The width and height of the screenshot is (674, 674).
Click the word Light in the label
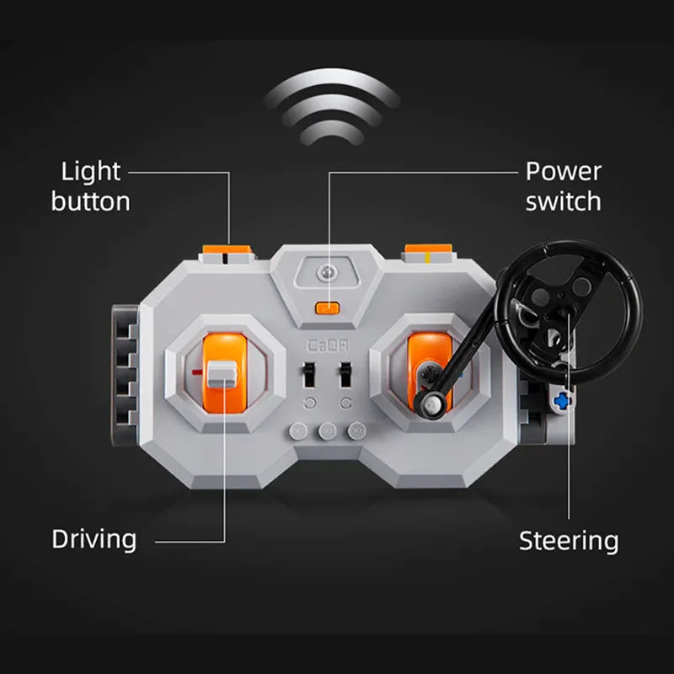pos(91,173)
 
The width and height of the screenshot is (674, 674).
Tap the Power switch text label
pos(563,186)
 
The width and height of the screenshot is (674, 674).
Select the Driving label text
pos(94,540)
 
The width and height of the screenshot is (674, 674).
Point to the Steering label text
pos(569,541)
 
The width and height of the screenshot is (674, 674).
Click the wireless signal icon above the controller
pos(331,107)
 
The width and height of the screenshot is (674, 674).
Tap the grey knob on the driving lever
pos(222,374)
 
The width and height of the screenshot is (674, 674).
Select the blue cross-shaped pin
pos(561,401)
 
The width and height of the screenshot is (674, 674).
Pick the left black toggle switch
pos(308,374)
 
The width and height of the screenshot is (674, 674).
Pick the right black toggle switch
pos(345,374)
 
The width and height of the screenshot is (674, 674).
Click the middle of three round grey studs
pos(327,431)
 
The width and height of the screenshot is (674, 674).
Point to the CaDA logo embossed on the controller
pos(328,345)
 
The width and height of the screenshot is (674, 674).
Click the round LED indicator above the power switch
pos(326,272)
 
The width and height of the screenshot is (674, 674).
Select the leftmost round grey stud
pos(298,431)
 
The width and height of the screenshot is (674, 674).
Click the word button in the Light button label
pos(91,201)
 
